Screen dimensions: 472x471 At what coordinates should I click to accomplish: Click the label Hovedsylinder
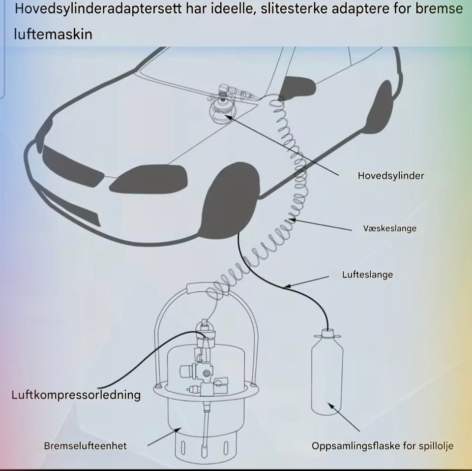[391, 176]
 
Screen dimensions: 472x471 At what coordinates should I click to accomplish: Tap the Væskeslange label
[390, 228]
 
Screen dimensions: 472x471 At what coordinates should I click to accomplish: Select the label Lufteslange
[367, 275]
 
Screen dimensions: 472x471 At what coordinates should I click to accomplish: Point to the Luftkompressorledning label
[76, 395]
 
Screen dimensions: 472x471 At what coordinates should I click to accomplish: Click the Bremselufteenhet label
[85, 446]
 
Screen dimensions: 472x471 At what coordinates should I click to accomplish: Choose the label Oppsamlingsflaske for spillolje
[383, 446]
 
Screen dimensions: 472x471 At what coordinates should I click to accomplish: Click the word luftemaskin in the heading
[53, 34]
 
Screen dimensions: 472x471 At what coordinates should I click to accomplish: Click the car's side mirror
[297, 88]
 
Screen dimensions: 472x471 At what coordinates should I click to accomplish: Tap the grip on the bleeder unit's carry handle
[207, 288]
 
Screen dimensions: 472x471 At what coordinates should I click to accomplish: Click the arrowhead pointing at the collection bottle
[331, 406]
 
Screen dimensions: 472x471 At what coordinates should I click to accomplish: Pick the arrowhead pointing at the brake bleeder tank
[178, 430]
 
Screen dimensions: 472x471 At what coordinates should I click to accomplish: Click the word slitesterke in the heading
[294, 9]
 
